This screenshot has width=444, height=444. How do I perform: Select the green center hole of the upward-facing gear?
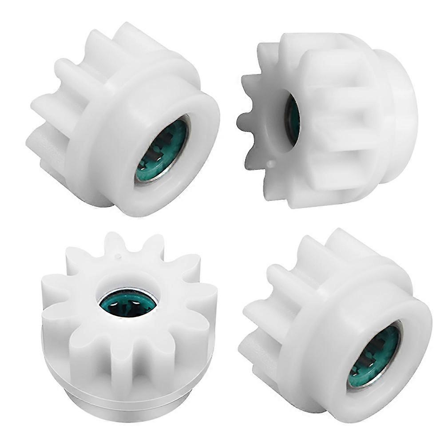tap(127, 303)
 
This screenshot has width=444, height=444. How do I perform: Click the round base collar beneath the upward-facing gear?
tap(129, 400)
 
